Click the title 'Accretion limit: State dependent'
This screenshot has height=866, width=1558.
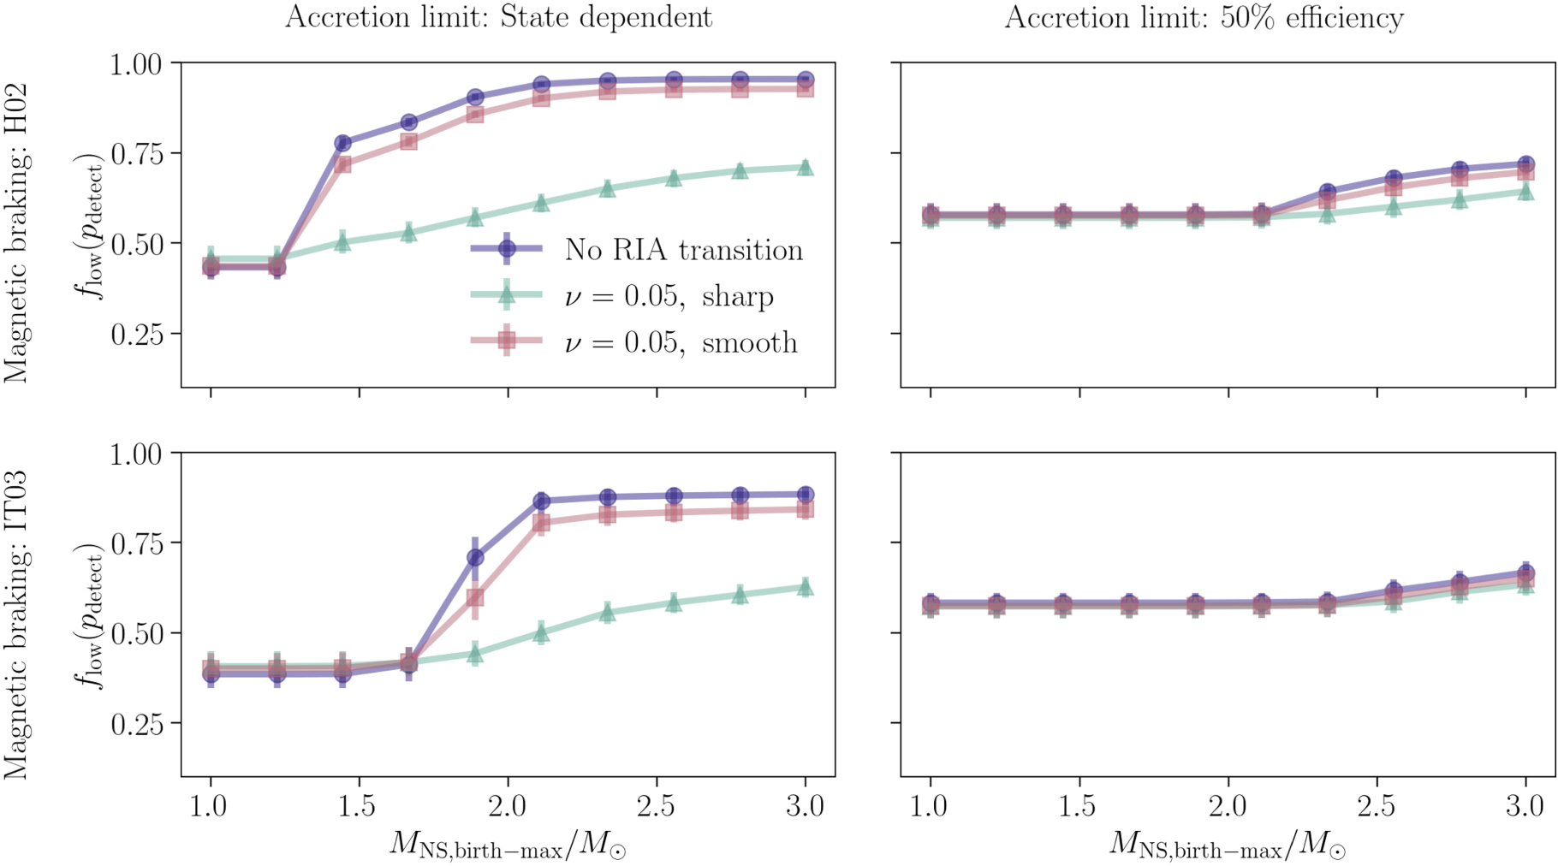498,17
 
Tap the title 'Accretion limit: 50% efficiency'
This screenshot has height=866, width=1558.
1204,17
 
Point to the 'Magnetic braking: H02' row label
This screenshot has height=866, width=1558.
17,233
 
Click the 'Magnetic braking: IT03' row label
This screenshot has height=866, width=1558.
17,625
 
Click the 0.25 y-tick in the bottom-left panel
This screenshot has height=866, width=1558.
136,724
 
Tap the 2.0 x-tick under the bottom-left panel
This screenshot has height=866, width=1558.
508,806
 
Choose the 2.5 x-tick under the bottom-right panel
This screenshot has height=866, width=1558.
1377,806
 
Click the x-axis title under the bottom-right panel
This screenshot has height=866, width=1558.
1228,845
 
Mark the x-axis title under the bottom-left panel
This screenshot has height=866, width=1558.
508,845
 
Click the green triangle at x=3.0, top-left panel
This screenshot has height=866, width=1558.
805,168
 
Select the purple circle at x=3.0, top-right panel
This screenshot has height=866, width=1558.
1525,164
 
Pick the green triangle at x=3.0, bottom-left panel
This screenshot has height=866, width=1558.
805,587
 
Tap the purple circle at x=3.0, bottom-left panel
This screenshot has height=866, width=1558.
805,495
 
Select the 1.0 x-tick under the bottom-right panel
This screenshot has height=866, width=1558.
931,806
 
